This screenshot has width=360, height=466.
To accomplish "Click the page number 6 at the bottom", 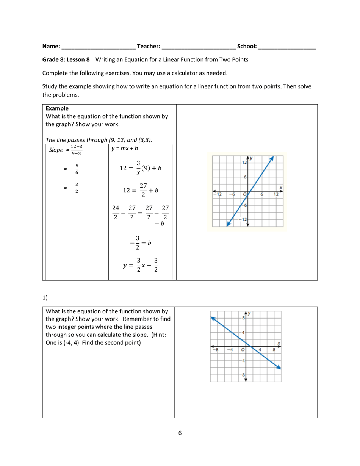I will pyautogui.click(x=180, y=433).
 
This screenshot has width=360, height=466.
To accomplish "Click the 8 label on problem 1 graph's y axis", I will pyautogui.click(x=244, y=318).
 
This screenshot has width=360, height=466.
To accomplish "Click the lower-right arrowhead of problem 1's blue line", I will pyautogui.click(x=279, y=367).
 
